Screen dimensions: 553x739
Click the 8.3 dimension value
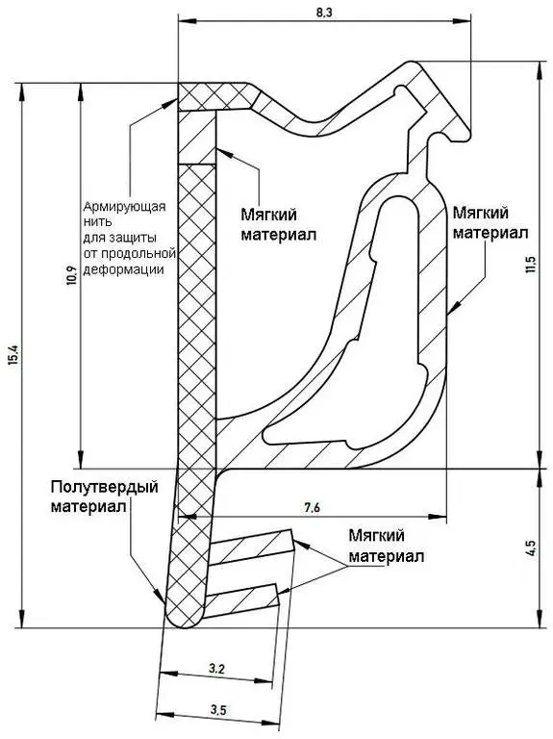pos(324,13)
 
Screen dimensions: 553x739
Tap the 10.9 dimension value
pos(71,277)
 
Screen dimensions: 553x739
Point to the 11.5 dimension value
pos(531,264)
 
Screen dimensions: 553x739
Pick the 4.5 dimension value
pos(531,548)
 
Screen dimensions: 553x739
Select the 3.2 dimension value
pos(216,669)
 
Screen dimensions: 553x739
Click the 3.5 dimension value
pos(218,710)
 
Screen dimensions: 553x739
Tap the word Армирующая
pos(125,207)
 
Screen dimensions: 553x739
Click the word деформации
pos(124,270)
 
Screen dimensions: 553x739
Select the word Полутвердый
pos(105,487)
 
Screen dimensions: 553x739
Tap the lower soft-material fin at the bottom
pos(242,599)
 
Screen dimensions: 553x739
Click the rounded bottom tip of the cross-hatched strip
pos(185,619)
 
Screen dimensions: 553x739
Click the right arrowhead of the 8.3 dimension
pos(462,21)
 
